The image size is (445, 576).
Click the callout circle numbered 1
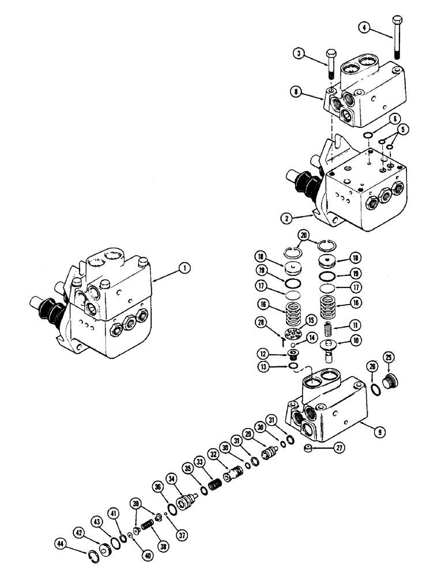point(183,267)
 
